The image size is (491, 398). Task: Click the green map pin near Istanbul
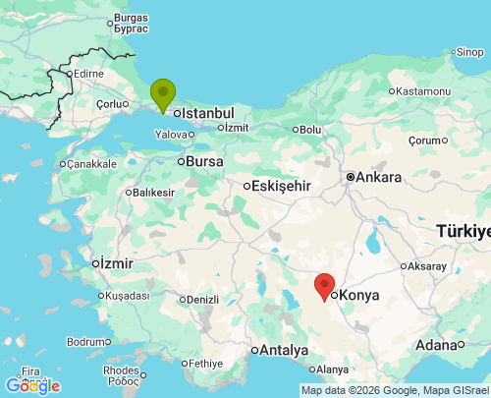pyautogui.click(x=163, y=94)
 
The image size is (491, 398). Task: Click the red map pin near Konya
pyautogui.click(x=325, y=286)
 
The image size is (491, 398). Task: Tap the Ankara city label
pyautogui.click(x=378, y=178)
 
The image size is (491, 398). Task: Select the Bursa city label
pyautogui.click(x=204, y=161)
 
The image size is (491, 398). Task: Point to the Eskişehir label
pyautogui.click(x=282, y=185)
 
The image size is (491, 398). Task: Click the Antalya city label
pyautogui.click(x=284, y=350)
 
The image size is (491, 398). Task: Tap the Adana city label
pyautogui.click(x=436, y=345)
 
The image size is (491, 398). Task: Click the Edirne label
pyautogui.click(x=88, y=73)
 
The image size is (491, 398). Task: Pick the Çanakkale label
pyautogui.click(x=100, y=164)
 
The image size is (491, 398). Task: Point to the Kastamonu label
pyautogui.click(x=422, y=91)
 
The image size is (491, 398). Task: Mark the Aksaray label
pyautogui.click(x=427, y=266)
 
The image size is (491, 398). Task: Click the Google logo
pyautogui.click(x=32, y=386)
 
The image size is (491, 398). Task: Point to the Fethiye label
pyautogui.click(x=206, y=363)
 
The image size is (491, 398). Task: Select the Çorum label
pyautogui.click(x=427, y=141)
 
